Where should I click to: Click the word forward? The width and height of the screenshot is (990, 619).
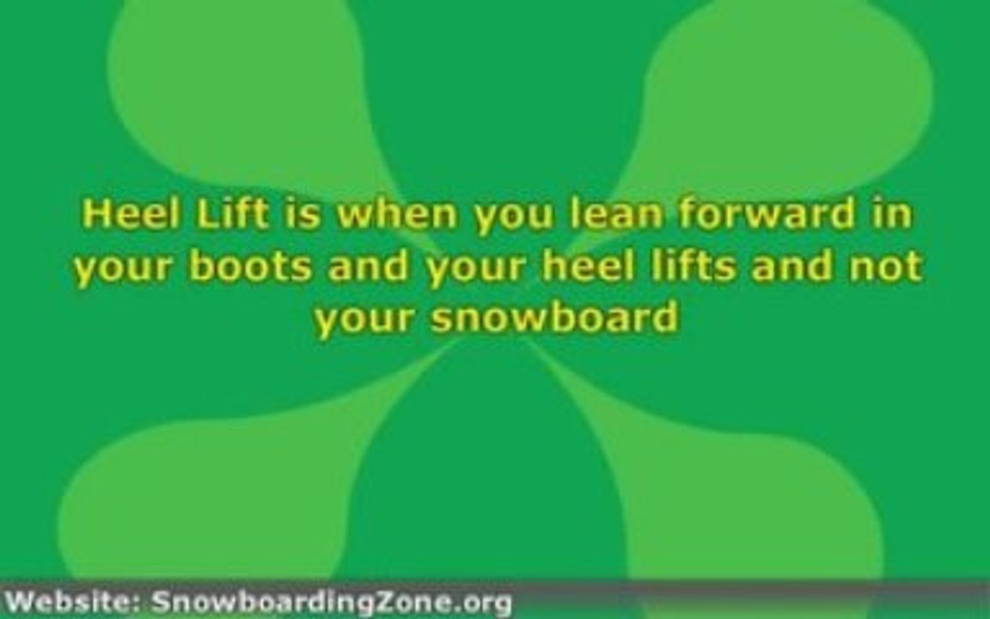tap(764, 214)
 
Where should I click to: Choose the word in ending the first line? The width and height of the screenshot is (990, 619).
tap(891, 214)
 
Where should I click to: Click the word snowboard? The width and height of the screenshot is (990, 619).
tap(554, 318)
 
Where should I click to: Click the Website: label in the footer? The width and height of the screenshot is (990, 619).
tap(74, 601)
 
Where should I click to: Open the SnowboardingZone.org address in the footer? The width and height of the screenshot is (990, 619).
tap(331, 601)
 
